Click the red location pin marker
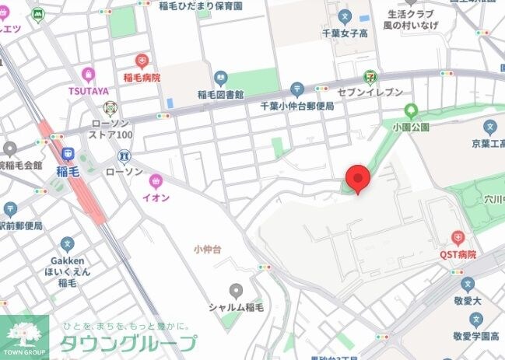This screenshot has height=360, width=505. (358, 179)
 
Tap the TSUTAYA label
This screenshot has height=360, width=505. (87, 90)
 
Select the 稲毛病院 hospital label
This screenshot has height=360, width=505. (142, 78)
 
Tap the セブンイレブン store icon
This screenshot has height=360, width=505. (369, 76)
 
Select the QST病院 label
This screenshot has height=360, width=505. (458, 254)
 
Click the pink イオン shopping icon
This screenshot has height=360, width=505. (156, 181)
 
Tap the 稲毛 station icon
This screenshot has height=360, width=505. (68, 154)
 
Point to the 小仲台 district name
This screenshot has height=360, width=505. (208, 249)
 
